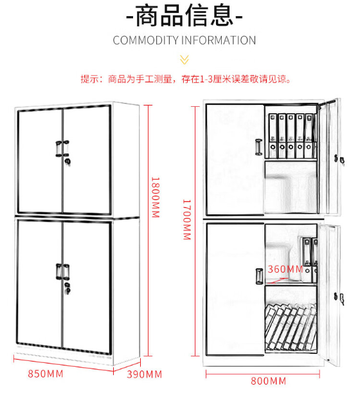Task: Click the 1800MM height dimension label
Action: pyautogui.click(x=156, y=197)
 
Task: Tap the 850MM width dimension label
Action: pyautogui.click(x=46, y=374)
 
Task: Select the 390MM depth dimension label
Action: pyautogui.click(x=144, y=374)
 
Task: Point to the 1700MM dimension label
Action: pyautogui.click(x=187, y=219)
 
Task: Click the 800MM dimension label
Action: pyautogui.click(x=268, y=381)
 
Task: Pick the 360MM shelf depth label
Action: pyautogui.click(x=285, y=269)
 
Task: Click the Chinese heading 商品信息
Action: pyautogui.click(x=184, y=16)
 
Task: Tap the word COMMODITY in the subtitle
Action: pyautogui.click(x=146, y=41)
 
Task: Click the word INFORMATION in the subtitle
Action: pyautogui.click(x=219, y=41)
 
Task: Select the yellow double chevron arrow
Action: pyautogui.click(x=184, y=60)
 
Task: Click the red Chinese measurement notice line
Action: pyautogui.click(x=186, y=79)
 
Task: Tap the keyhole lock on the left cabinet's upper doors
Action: pyautogui.click(x=67, y=161)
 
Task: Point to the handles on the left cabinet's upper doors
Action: pyautogui.click(x=62, y=149)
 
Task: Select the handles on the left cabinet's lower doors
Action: pyautogui.click(x=62, y=272)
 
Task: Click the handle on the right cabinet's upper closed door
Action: pyautogui.click(x=259, y=147)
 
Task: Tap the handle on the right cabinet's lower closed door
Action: pyautogui.click(x=259, y=276)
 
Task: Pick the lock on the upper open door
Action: pyautogui.click(x=339, y=160)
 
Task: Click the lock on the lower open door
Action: pyautogui.click(x=339, y=298)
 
